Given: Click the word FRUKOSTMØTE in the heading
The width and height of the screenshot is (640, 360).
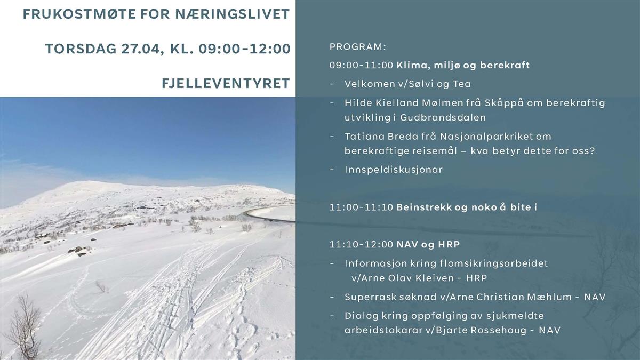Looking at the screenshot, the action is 79,14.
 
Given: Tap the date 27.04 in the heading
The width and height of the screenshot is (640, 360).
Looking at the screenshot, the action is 140,49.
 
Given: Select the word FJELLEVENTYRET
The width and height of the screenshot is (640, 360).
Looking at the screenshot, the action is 226,83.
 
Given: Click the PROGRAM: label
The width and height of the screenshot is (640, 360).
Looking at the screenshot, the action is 358,47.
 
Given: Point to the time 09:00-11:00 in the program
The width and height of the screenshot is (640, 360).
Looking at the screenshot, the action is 361,65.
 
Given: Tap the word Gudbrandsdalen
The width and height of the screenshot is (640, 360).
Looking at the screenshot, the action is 443,117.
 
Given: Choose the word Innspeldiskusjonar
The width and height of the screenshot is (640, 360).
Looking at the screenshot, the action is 394,170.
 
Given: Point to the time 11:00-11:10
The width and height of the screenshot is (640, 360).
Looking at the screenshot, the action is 361,207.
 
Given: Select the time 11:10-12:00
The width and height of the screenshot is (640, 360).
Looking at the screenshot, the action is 361,245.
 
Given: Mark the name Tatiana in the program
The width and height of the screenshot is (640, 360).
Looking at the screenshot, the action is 364,137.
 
